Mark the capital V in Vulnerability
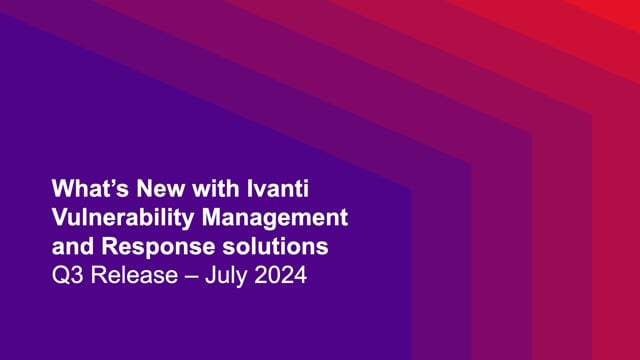coord(58,216)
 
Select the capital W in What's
coord(62,187)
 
